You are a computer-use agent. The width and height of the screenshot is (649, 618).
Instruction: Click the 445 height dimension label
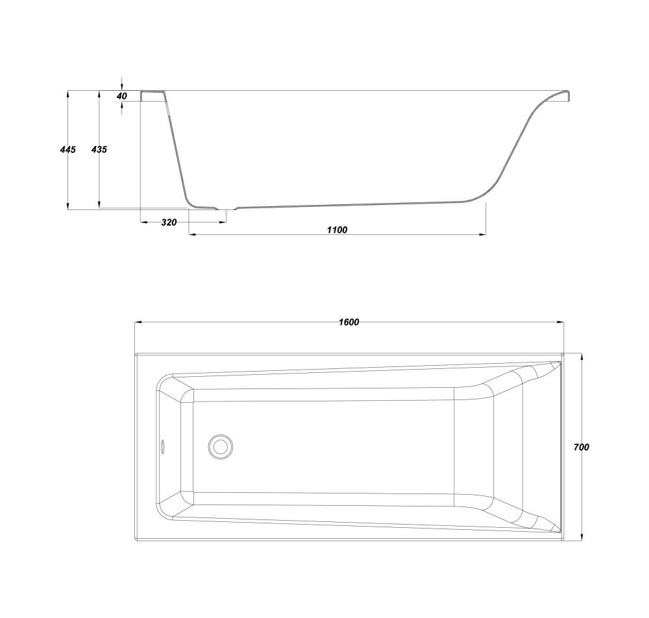click(68, 149)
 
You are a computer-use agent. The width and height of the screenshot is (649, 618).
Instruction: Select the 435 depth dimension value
click(99, 149)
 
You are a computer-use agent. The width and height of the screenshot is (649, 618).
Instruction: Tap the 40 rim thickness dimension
click(122, 96)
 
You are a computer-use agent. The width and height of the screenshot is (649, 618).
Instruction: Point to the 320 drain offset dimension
click(169, 222)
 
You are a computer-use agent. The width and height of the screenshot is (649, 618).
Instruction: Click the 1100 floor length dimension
click(337, 230)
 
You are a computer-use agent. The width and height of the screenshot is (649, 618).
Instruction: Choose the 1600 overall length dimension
click(349, 322)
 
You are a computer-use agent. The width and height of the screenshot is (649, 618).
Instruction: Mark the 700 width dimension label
click(582, 447)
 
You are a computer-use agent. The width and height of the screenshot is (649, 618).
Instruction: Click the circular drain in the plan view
click(220, 447)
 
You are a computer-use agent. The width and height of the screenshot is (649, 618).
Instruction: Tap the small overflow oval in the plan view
click(163, 447)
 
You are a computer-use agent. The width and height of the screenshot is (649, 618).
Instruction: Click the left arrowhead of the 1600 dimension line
click(139, 322)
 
